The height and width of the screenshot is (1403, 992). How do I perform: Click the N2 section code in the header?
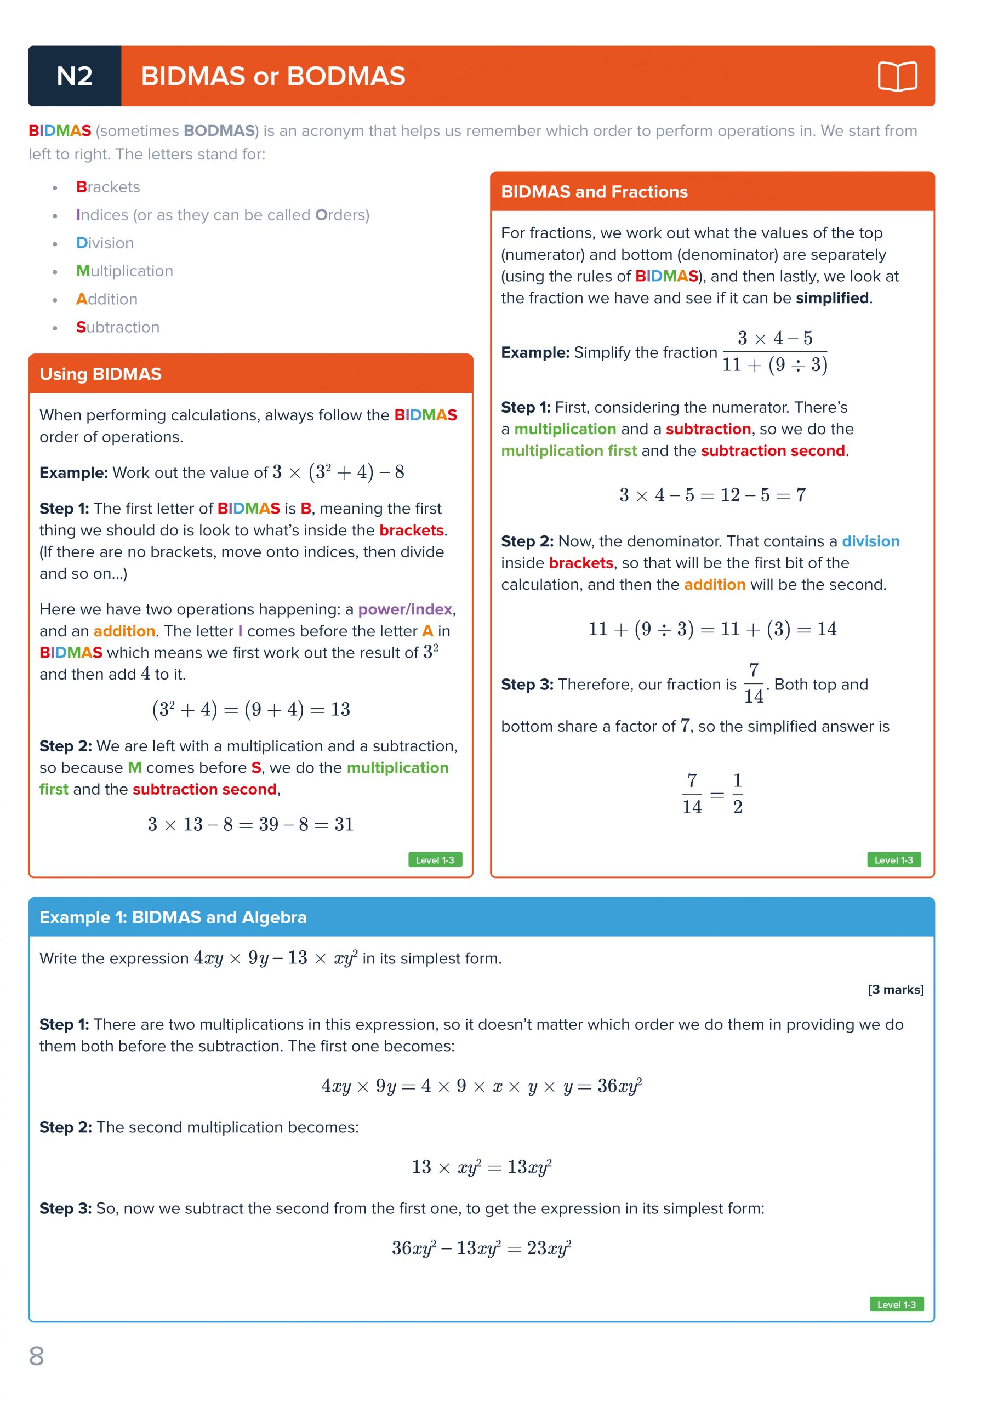tap(75, 76)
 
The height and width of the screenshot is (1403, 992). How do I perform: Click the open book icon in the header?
tap(897, 76)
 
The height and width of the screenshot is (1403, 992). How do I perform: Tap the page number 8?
tap(37, 1356)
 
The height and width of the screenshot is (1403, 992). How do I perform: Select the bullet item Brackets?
tap(108, 187)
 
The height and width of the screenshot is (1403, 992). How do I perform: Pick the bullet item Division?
tap(105, 243)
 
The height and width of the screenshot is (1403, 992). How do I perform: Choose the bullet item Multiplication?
tap(125, 271)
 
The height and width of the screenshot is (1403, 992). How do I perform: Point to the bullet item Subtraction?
tap(118, 328)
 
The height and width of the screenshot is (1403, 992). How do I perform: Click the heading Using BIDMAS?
tap(100, 374)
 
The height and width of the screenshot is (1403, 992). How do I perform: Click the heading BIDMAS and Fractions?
tap(594, 192)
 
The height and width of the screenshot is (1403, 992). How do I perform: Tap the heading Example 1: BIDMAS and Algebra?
tap(173, 917)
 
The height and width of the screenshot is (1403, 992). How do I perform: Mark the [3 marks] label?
tap(896, 989)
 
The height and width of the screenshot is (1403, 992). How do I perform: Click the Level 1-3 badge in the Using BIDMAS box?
tap(435, 860)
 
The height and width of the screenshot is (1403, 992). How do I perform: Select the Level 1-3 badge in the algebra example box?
tap(896, 1304)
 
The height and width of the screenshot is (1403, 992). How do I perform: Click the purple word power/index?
tap(405, 609)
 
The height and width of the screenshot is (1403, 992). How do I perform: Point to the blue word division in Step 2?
tap(870, 541)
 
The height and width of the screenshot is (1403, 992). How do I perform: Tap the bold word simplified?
tap(832, 298)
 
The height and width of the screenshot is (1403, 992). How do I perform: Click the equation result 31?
tap(344, 824)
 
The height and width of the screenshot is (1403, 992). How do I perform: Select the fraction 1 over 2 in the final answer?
tap(738, 794)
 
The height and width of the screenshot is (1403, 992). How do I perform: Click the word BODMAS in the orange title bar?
tap(346, 76)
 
